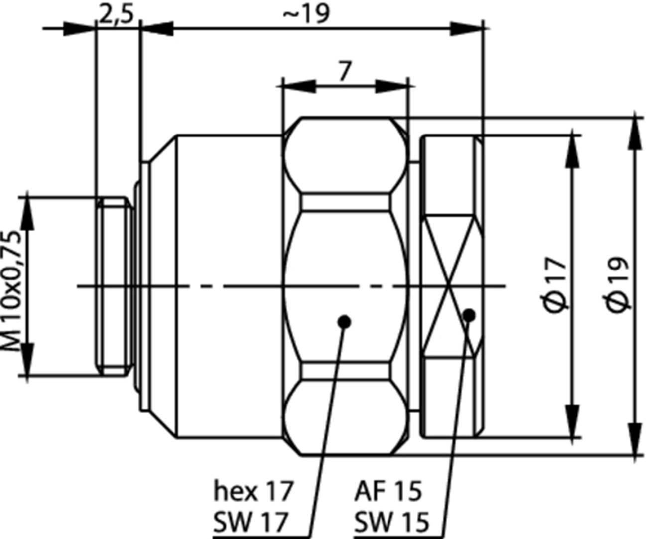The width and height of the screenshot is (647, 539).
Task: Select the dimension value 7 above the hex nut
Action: (344, 71)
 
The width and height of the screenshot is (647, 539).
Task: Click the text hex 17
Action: (253, 491)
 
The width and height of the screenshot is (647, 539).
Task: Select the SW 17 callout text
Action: (251, 522)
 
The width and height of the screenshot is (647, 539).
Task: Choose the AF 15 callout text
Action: (388, 491)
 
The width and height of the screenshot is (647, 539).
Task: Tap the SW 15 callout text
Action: (391, 522)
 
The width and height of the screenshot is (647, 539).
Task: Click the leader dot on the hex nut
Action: (344, 322)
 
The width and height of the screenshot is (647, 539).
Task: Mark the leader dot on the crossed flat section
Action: (469, 315)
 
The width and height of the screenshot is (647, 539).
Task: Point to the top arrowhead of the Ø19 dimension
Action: (635, 131)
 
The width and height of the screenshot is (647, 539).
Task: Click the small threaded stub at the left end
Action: (114, 286)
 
